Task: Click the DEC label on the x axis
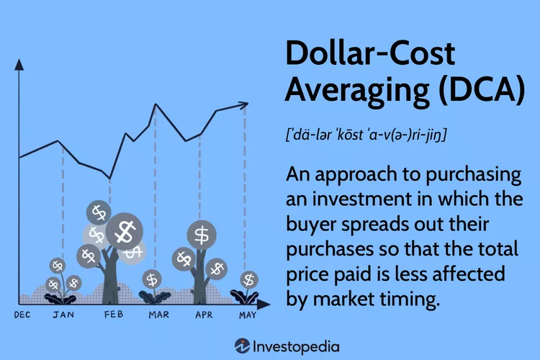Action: point(22,315)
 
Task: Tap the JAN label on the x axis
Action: point(63,315)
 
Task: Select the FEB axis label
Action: point(113,315)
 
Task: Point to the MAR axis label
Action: point(158,315)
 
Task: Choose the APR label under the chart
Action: point(204,315)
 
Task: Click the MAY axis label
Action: point(246,315)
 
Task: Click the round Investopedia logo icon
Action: point(243,345)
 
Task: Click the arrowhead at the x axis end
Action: point(265,304)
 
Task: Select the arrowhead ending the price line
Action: point(246,106)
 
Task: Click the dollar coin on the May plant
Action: point(249,279)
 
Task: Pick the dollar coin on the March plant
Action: point(152,279)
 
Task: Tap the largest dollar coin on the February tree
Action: point(125,230)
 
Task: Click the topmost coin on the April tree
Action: point(202,234)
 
